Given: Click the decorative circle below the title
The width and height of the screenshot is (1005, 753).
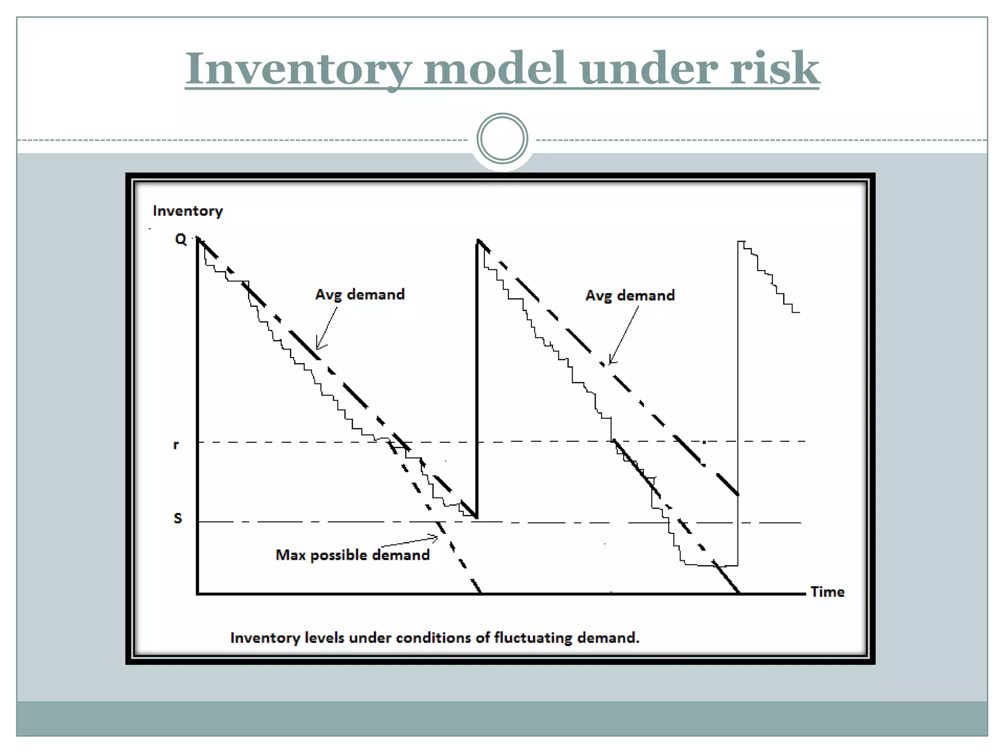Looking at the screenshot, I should click(502, 138).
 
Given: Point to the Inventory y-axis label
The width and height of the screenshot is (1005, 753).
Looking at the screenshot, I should click(188, 211).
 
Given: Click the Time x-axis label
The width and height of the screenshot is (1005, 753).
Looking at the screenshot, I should click(827, 592).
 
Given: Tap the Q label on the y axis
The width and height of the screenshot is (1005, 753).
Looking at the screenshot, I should click(181, 239).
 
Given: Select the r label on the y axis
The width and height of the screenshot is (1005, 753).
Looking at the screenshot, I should click(176, 445).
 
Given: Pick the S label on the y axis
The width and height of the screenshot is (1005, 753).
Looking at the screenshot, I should click(178, 518).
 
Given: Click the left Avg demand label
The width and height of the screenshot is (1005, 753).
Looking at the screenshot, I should click(360, 294).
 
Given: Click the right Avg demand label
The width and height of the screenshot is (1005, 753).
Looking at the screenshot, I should click(630, 295).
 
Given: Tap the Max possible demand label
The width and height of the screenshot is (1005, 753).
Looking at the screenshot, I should click(352, 555).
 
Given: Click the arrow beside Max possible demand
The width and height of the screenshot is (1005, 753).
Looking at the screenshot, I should click(410, 542).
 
